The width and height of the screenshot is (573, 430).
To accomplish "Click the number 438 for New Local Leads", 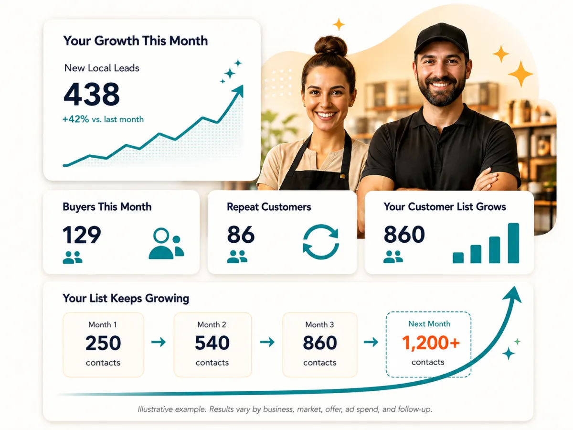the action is pos(91,94).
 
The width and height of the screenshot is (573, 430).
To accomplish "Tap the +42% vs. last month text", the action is pos(103,119).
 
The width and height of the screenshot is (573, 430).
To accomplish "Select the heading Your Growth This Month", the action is pos(136,41).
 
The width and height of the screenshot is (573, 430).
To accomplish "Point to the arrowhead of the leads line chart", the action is pos(239,91).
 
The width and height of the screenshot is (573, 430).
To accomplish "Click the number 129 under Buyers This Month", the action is pos(82,235).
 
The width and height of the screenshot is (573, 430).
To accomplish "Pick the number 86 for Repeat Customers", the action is pos(241,235).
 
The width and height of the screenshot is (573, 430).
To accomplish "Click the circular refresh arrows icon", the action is pos(321,241).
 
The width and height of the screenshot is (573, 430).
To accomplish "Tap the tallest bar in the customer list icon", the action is pos(513,243).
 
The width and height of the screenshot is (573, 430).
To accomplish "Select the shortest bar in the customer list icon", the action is pos(458,258).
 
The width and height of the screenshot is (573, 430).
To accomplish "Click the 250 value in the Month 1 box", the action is pos(103,343).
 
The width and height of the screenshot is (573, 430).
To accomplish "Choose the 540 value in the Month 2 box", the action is pos(212,343).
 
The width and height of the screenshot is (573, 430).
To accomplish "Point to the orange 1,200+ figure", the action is pos(431,343).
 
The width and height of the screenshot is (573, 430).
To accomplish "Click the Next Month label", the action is pos(429,324).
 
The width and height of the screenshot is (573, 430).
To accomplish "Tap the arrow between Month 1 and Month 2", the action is pos(159,342).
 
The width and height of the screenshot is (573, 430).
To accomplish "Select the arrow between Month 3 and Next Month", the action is pos(371,342).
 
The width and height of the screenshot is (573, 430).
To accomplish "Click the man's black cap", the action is pos(441,39).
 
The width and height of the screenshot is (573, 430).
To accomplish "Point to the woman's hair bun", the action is pos(330,46).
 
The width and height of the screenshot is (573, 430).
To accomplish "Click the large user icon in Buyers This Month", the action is pos(166,244).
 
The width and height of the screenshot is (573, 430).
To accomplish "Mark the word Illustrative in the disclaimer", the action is pos(155,409).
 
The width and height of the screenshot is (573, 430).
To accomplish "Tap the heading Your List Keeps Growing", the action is pos(126,299).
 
